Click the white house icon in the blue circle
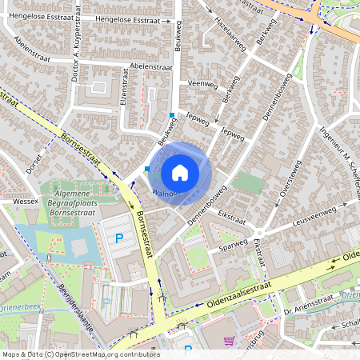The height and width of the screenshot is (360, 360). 180,173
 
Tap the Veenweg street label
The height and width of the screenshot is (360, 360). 202,83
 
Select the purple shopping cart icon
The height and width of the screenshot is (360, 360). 230,340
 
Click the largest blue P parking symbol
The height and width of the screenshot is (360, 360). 120,238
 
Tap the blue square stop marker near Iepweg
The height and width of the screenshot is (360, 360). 171,116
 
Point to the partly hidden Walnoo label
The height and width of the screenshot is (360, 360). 163,193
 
